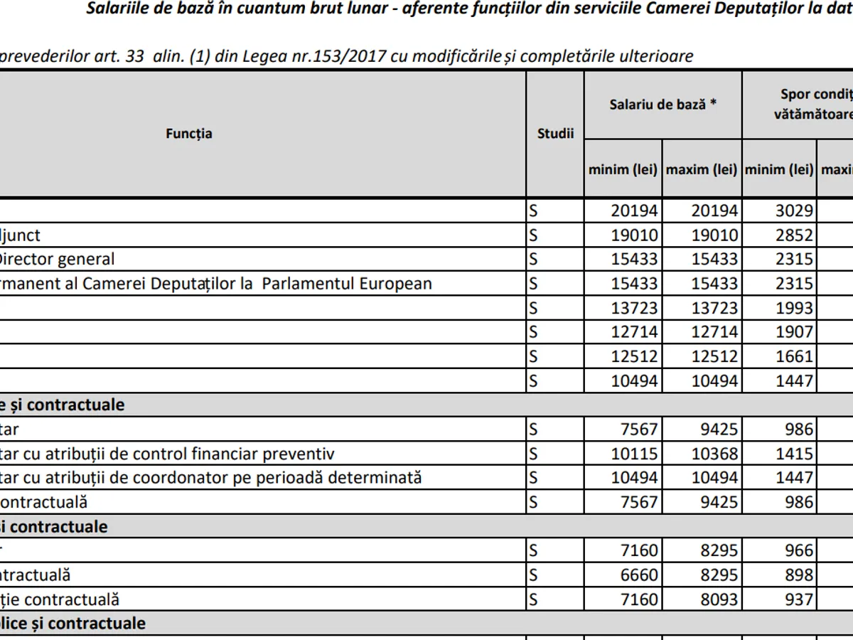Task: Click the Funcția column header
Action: [x=189, y=134]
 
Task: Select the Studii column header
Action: [x=555, y=134]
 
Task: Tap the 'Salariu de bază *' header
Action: [x=662, y=104]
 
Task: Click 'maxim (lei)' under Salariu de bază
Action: [x=702, y=170]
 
